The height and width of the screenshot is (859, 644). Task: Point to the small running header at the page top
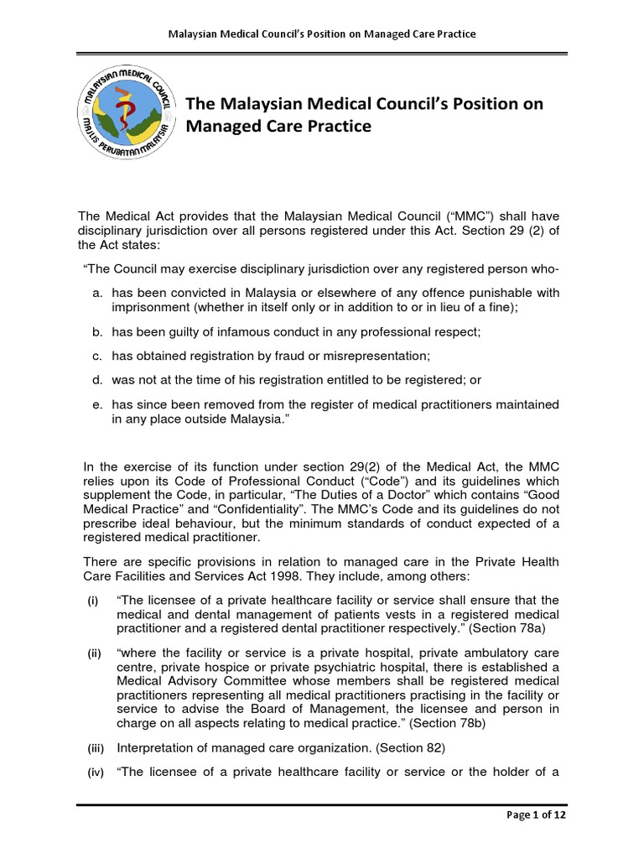pyautogui.click(x=322, y=34)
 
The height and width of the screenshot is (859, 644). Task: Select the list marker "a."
pyautogui.click(x=97, y=292)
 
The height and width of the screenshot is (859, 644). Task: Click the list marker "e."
pyautogui.click(x=97, y=404)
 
